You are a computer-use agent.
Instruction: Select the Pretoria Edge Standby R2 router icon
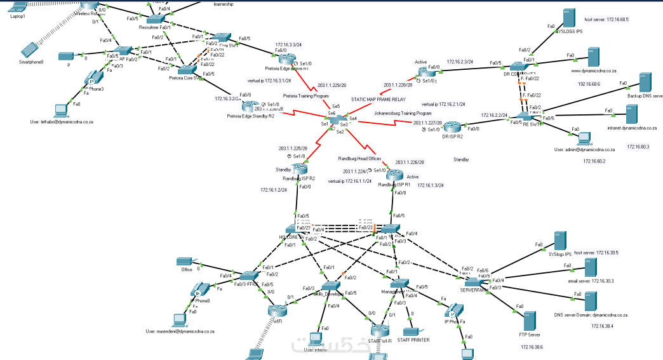pyautogui.click(x=251, y=106)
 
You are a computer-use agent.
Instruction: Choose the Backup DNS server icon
pyautogui.click(x=645, y=83)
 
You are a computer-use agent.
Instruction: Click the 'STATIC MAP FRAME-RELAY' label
pyautogui.click(x=378, y=100)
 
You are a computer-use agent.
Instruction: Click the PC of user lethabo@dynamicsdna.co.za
pyautogui.click(x=63, y=108)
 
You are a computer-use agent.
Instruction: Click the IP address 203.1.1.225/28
pyautogui.click(x=292, y=149)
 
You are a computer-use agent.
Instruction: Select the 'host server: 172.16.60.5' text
pyautogui.click(x=606, y=20)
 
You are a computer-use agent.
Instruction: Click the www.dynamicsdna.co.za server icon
pyautogui.click(x=593, y=56)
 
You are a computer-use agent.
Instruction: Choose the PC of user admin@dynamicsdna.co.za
pyautogui.click(x=584, y=137)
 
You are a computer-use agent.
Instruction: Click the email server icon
pyautogui.click(x=589, y=267)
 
